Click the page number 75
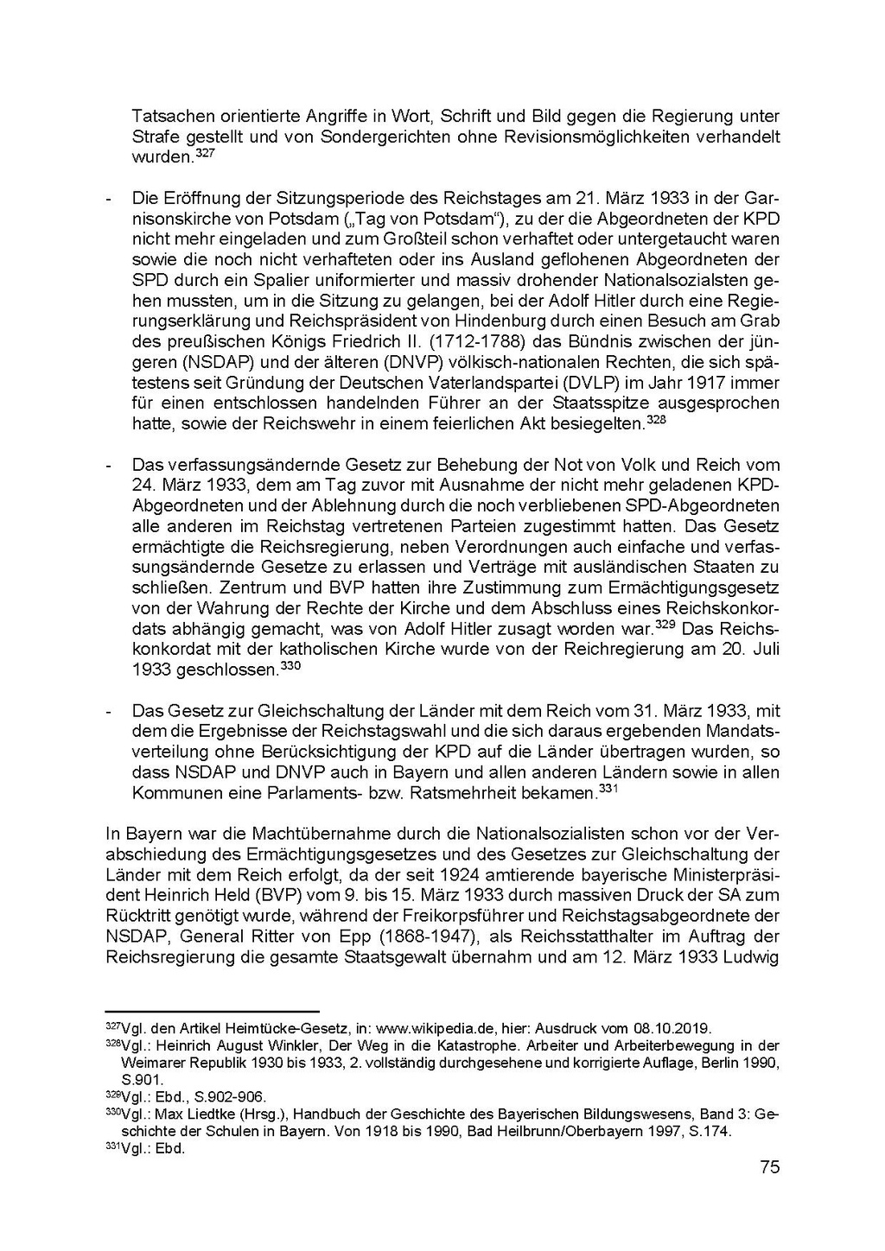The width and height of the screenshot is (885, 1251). click(x=769, y=1167)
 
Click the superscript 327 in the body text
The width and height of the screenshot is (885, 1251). click(x=205, y=153)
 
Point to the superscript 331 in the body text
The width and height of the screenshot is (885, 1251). click(x=609, y=788)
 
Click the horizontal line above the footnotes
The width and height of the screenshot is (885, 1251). click(x=212, y=1010)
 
